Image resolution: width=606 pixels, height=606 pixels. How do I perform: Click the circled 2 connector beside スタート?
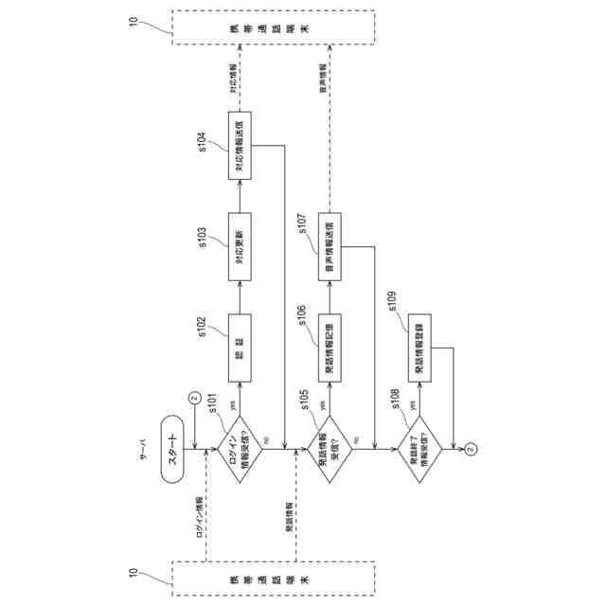coord(194,398)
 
